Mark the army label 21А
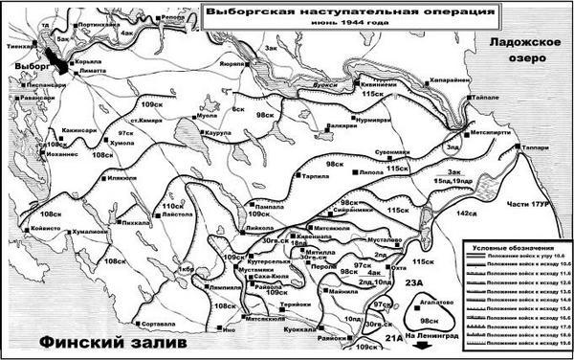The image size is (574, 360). point(394,338)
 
